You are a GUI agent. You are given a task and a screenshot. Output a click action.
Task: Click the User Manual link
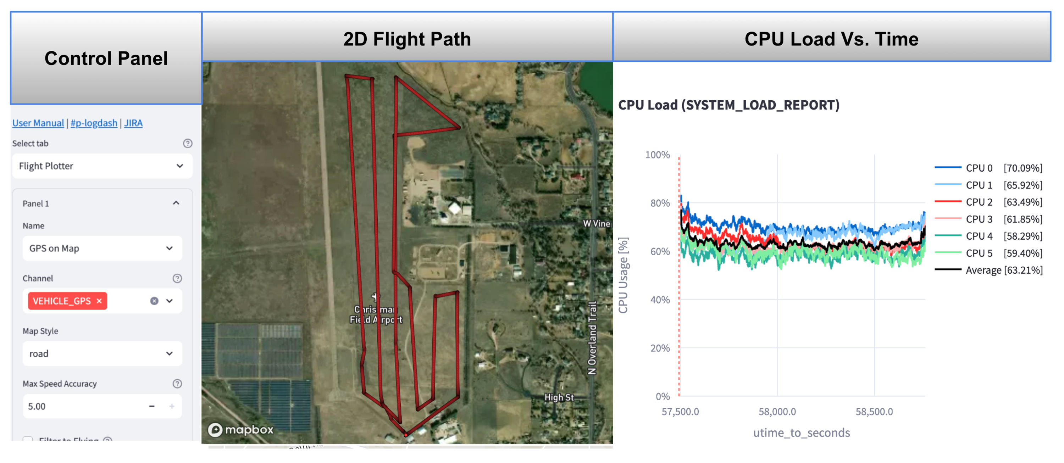pyautogui.click(x=38, y=123)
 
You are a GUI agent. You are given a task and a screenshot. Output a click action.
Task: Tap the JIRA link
pyautogui.click(x=133, y=123)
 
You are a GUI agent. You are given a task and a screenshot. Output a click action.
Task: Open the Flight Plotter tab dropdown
pyautogui.click(x=102, y=166)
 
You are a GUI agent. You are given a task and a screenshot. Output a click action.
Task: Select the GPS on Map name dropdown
pyautogui.click(x=102, y=248)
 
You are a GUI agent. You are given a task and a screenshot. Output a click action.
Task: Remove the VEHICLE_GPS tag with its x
pyautogui.click(x=99, y=301)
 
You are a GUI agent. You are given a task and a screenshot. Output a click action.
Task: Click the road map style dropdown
pyautogui.click(x=102, y=353)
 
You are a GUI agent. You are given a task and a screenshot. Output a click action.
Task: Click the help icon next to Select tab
pyautogui.click(x=188, y=143)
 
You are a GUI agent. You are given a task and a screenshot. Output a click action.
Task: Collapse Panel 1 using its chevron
pyautogui.click(x=176, y=203)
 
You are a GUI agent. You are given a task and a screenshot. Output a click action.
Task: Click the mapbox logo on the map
pyautogui.click(x=241, y=430)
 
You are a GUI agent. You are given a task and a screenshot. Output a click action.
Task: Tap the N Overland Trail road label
pyautogui.click(x=592, y=338)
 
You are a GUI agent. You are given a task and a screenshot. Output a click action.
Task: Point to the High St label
pyautogui.click(x=559, y=397)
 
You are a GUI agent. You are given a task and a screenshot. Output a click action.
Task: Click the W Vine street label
pyautogui.click(x=596, y=223)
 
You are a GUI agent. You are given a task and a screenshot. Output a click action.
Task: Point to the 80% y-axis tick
pyautogui.click(x=660, y=203)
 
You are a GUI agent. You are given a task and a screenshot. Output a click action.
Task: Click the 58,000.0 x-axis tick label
pyautogui.click(x=777, y=412)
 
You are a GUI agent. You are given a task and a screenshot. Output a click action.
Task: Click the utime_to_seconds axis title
pyautogui.click(x=801, y=433)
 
